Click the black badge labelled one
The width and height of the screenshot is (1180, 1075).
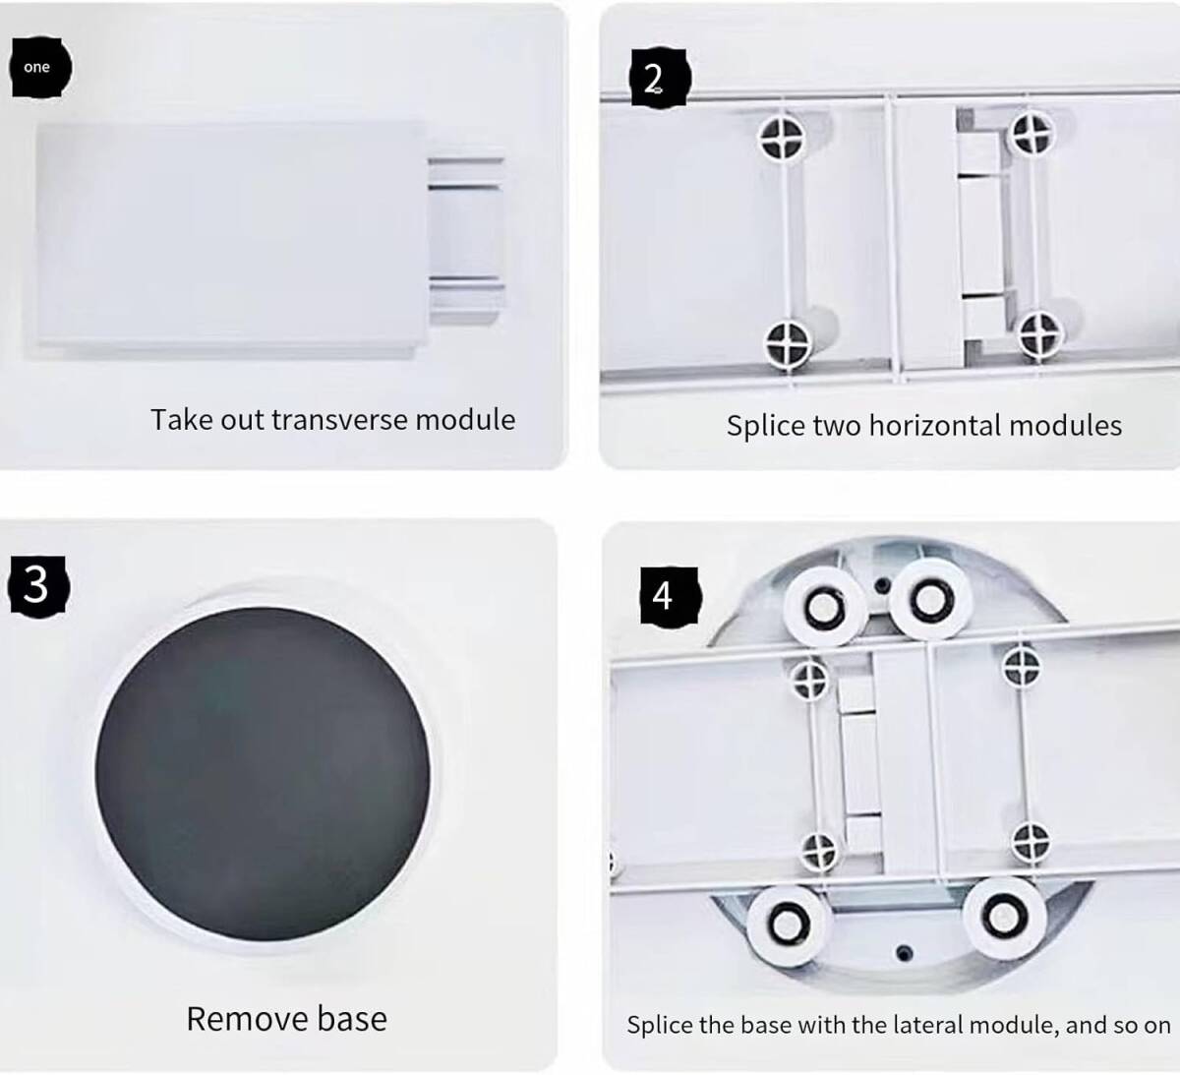[40, 67]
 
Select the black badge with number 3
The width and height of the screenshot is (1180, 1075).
[38, 586]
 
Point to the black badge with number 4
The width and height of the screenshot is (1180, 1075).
[671, 596]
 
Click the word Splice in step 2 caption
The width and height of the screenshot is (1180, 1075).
[765, 426]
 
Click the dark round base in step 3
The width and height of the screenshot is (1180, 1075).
[263, 774]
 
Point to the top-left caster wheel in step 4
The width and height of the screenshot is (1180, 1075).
[823, 606]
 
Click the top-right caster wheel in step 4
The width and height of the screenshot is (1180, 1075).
[930, 600]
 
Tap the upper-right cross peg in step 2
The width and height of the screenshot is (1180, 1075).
[1032, 135]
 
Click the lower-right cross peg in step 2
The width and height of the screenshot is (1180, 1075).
[1040, 333]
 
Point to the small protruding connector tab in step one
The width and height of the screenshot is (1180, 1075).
[466, 241]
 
